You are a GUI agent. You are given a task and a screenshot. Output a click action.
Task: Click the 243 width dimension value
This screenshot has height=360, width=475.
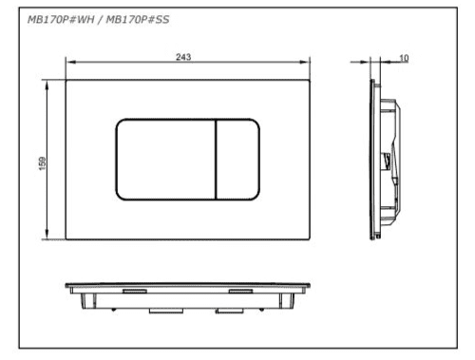point(183,57)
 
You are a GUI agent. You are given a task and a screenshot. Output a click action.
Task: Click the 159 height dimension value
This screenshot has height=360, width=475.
point(42,163)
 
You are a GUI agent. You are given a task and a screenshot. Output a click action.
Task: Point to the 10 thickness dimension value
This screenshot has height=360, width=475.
point(404,58)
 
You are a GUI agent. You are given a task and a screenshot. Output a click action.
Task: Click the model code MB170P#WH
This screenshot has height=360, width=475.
point(61,20)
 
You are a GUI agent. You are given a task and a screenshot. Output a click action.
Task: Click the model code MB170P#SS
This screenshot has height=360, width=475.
point(138,20)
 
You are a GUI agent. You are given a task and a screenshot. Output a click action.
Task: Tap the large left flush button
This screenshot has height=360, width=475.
point(165,160)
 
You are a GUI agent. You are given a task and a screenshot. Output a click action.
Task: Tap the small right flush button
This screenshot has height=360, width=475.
point(237,160)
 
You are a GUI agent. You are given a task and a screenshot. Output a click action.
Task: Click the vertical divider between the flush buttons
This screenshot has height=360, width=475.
point(216,160)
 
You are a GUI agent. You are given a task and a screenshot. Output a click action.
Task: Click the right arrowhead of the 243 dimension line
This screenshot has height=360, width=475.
point(305,62)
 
